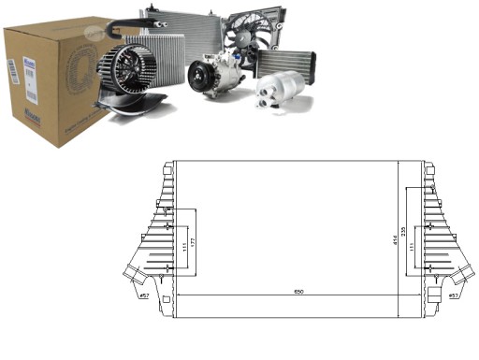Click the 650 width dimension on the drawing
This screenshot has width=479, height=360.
coord(298,292)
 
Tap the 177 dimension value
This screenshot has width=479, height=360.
coord(200,245)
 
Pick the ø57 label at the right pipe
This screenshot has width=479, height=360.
coord(453,296)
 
